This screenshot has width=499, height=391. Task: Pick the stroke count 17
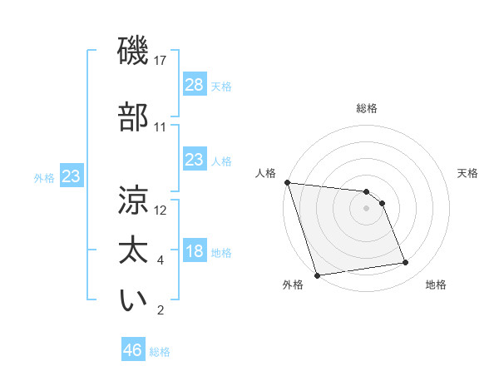tap(161, 61)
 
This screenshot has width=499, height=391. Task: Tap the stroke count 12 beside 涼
tap(161, 210)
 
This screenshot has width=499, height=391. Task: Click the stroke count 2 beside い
tap(161, 311)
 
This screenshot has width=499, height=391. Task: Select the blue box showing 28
tap(194, 84)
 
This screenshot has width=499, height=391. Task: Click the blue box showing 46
tap(133, 350)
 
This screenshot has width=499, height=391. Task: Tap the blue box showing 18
tap(194, 251)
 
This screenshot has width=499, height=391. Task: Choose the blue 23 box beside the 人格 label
tap(194, 159)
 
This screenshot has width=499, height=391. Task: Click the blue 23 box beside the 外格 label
tap(71, 176)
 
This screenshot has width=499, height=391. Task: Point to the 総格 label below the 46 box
tap(160, 352)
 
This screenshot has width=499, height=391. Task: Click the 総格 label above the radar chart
tap(367, 108)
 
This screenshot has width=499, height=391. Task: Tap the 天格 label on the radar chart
tap(468, 173)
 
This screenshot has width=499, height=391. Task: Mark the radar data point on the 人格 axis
tap(287, 182)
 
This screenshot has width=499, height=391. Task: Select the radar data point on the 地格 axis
tap(406, 263)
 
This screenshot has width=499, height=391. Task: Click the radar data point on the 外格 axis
tap(317, 275)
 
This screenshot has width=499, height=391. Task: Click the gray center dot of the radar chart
tap(367, 208)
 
